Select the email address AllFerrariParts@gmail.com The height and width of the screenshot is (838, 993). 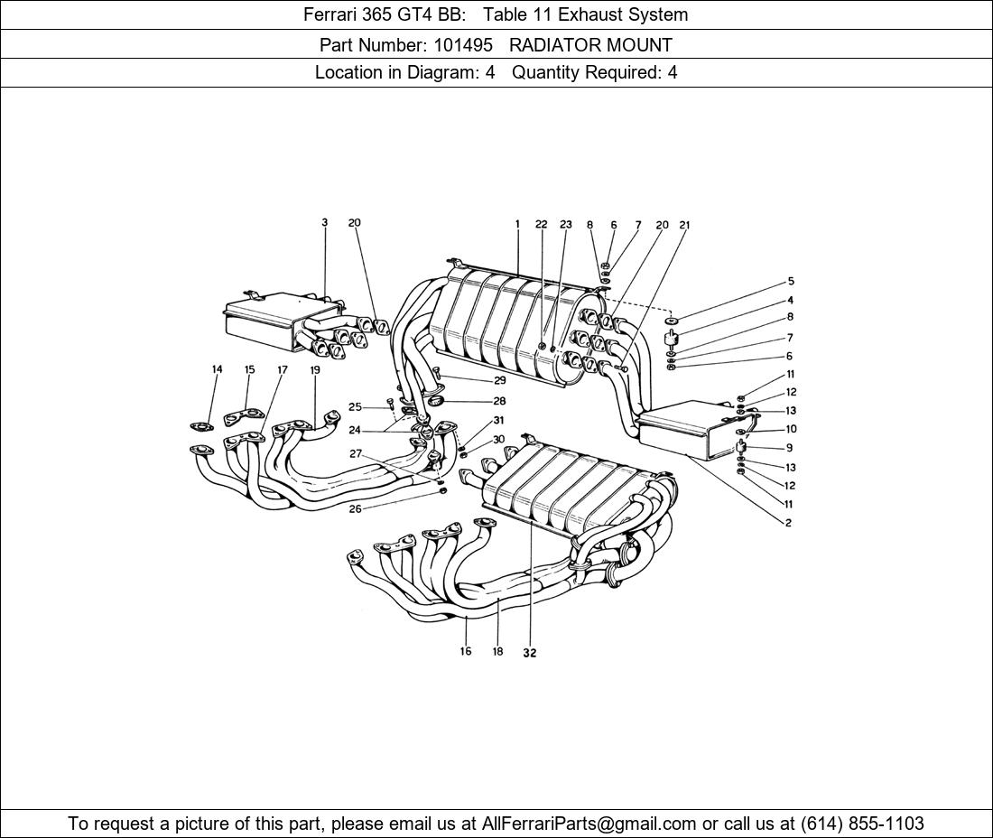coord(589,824)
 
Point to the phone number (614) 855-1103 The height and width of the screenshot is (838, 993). coord(862,824)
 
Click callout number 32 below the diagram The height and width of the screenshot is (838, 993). coord(529,653)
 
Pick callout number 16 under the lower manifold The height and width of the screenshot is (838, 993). coord(466,651)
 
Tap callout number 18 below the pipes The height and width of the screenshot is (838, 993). coord(497,651)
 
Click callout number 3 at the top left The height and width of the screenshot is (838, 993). coord(324,223)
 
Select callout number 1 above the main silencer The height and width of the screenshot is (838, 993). coord(518,224)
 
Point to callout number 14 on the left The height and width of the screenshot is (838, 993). coord(217,369)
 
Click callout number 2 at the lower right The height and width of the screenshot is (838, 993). coord(788,523)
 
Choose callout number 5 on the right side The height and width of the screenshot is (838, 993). coord(790,282)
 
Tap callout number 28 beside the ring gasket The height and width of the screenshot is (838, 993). coord(499,401)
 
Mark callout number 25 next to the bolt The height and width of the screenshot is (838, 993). coord(355,407)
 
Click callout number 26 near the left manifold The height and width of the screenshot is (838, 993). coord(355,509)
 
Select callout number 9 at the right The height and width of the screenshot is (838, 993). coord(789,448)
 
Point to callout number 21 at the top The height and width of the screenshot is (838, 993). coord(684,225)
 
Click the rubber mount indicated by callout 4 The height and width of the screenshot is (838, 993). coord(671,340)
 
